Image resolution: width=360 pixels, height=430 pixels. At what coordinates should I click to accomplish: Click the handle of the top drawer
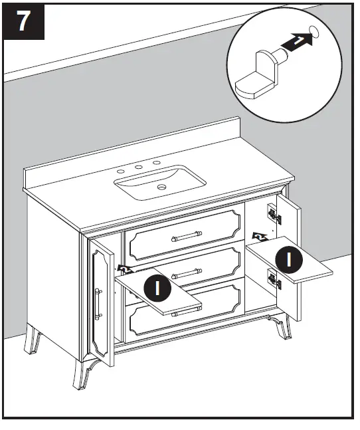tap(188, 233)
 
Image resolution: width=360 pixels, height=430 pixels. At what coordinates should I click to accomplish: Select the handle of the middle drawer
tap(188, 270)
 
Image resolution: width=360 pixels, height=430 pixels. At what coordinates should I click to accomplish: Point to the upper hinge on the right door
tap(273, 212)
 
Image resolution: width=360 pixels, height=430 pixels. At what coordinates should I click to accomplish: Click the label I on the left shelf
tap(158, 288)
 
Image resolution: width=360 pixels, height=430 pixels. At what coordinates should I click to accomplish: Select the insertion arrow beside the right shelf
tap(260, 235)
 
